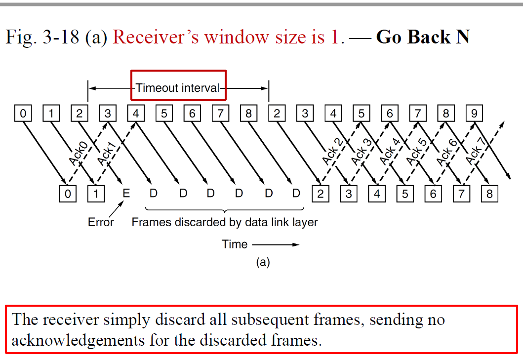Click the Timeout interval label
[178, 88]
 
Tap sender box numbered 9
[474, 114]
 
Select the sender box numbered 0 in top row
[23, 114]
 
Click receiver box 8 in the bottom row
[489, 194]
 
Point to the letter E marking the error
[126, 194]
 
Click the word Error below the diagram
[101, 222]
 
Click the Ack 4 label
[390, 152]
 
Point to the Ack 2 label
[332, 152]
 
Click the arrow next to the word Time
[276, 244]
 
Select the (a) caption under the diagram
[263, 262]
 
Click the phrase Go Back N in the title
[423, 37]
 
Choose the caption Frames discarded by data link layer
[225, 222]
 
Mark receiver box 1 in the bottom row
[96, 194]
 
